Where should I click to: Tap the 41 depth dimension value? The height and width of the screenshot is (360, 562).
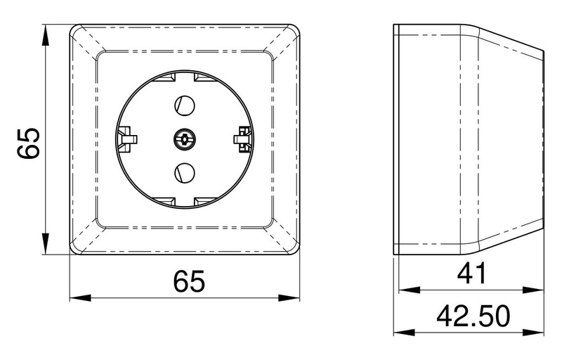pyautogui.click(x=471, y=274)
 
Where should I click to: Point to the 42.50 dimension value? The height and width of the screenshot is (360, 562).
pyautogui.click(x=473, y=316)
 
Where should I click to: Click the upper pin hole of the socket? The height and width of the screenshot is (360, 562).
pyautogui.click(x=185, y=106)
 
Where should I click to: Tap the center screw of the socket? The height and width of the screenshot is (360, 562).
pyautogui.click(x=185, y=139)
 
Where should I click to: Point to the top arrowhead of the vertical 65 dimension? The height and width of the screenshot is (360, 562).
pyautogui.click(x=46, y=32)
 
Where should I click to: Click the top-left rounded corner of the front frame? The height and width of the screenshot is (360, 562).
pyautogui.click(x=74, y=30)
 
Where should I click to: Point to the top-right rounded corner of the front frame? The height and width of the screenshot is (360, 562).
pyautogui.click(x=295, y=30)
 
